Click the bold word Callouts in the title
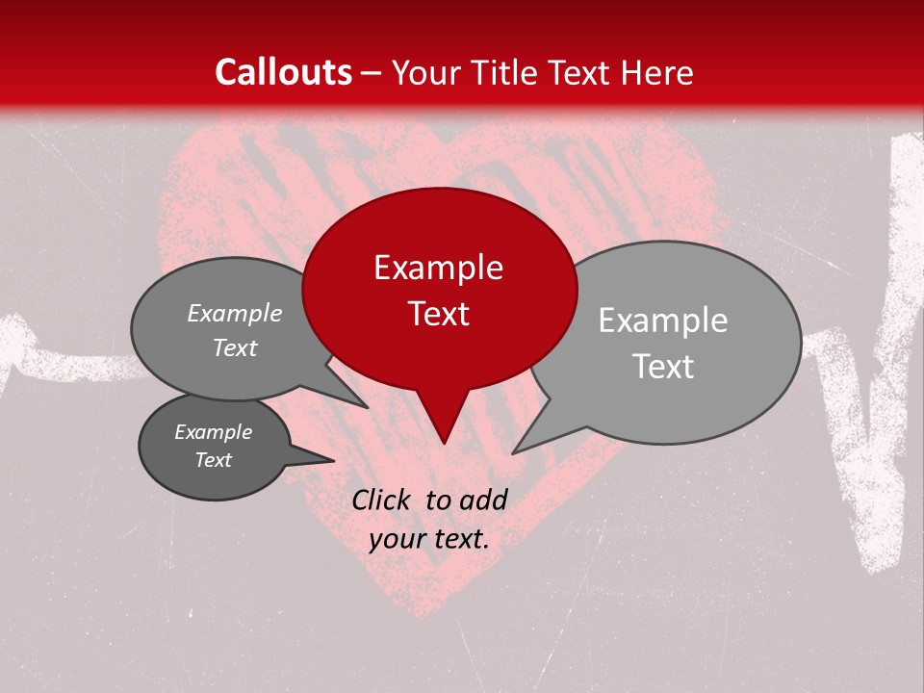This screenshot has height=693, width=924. pyautogui.click(x=283, y=72)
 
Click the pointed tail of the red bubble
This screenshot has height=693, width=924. pyautogui.click(x=443, y=428)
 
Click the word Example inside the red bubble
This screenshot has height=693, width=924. pyautogui.click(x=438, y=268)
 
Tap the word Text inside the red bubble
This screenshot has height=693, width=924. pyautogui.click(x=438, y=314)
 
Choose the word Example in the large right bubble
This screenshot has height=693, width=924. pyautogui.click(x=662, y=321)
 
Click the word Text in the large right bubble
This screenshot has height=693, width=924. pyautogui.click(x=662, y=367)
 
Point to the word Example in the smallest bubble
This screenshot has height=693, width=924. pyautogui.click(x=213, y=432)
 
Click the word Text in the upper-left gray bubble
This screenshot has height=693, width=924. pyautogui.click(x=235, y=348)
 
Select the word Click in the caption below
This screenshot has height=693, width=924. pyautogui.click(x=383, y=500)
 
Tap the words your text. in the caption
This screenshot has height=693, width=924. pyautogui.click(x=428, y=539)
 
